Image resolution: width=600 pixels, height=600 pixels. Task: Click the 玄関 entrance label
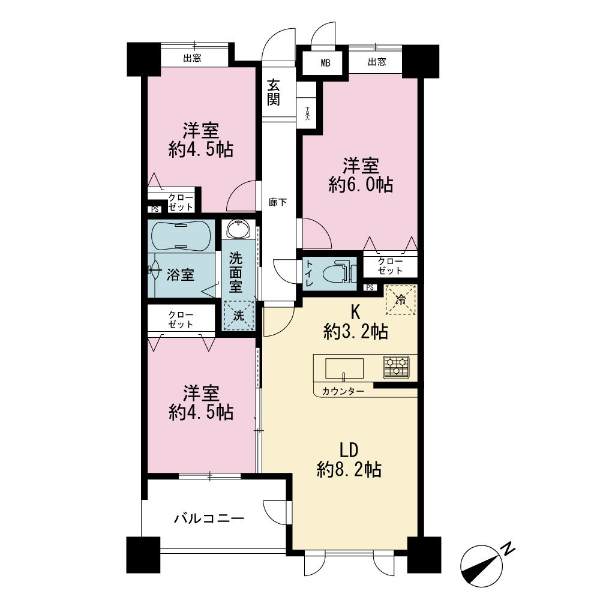273,92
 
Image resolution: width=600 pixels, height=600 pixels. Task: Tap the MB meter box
325,63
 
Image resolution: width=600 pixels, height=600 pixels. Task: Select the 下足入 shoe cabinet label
307,113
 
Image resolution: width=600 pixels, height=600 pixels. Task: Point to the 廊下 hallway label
277,202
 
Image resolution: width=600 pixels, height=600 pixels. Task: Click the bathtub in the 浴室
181,236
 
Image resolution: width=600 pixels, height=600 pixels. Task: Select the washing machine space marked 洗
239,316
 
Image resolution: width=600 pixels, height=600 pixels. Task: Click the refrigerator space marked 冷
400,300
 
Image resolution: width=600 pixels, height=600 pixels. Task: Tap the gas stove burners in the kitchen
396,367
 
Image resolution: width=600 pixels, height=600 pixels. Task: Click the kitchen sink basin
344,368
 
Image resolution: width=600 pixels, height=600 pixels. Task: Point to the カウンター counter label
343,391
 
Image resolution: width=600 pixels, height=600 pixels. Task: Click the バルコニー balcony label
209,518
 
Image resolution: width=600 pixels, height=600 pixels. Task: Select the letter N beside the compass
508,549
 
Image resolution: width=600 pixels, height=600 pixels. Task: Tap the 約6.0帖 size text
361,185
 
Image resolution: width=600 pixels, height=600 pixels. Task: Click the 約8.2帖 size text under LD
349,469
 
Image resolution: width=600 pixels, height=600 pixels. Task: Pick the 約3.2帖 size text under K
356,331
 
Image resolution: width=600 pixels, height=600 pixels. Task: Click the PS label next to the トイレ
370,287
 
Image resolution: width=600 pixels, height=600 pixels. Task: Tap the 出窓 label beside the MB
377,62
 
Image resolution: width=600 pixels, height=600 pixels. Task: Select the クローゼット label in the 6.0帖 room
391,266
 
